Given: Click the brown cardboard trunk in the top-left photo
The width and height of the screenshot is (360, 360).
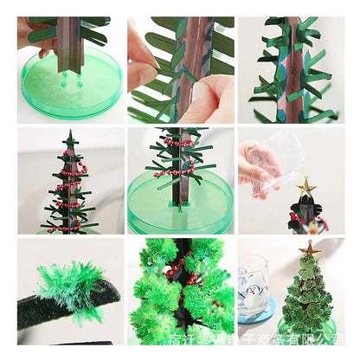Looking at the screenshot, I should coord(67,43).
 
